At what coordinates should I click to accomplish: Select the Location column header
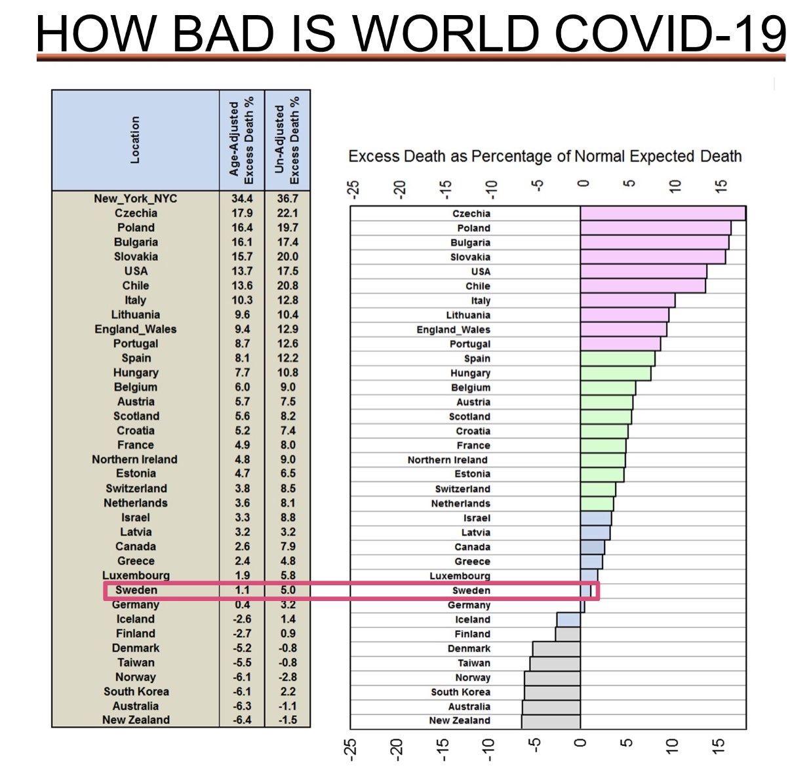pyautogui.click(x=135, y=140)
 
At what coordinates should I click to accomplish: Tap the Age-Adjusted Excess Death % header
pyautogui.click(x=241, y=140)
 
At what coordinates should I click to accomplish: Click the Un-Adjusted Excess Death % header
pyautogui.click(x=287, y=140)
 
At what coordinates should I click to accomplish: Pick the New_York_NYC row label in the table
pyautogui.click(x=135, y=199)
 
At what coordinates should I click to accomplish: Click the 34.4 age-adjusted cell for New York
pyautogui.click(x=242, y=199)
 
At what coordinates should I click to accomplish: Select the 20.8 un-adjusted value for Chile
pyautogui.click(x=287, y=286)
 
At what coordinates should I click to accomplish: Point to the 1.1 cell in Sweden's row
pyautogui.click(x=242, y=590)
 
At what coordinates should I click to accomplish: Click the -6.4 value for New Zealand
pyautogui.click(x=242, y=720)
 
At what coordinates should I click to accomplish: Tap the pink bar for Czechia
pyautogui.click(x=662, y=214)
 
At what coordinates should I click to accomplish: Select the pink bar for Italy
pyautogui.click(x=627, y=300)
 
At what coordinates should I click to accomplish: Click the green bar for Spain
pyautogui.click(x=617, y=359)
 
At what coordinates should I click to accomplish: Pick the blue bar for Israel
pyautogui.click(x=595, y=518)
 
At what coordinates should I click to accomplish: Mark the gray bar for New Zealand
pyautogui.click(x=551, y=720)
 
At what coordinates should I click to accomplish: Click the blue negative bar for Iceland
pyautogui.click(x=568, y=619)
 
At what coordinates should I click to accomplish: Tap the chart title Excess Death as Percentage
pyautogui.click(x=545, y=157)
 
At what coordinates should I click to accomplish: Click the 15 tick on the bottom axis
pyautogui.click(x=719, y=748)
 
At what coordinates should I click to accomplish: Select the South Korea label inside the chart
pyautogui.click(x=460, y=692)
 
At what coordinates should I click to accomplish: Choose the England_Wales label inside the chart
pyautogui.click(x=453, y=330)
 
